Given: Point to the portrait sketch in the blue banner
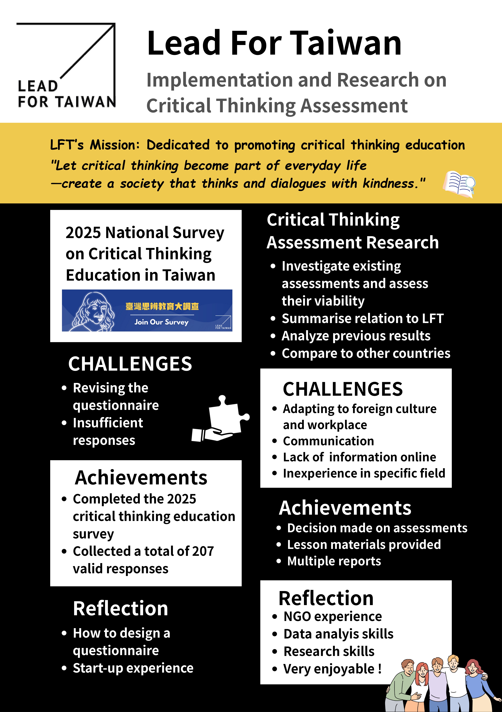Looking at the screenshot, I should pyautogui.click(x=93, y=312).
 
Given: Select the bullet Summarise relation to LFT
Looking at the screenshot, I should pyautogui.click(x=362, y=318).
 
